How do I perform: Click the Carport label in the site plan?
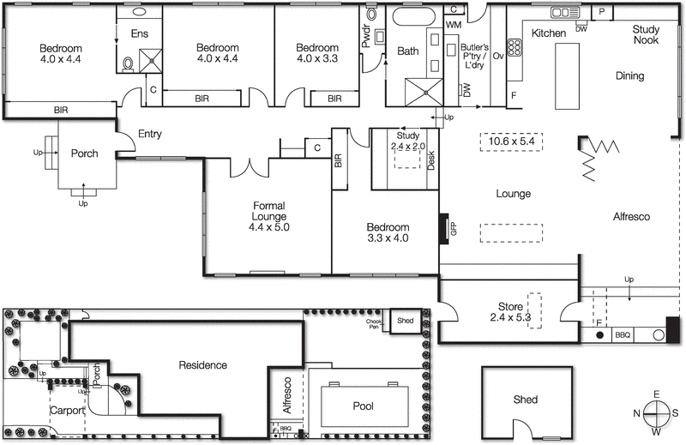[67, 411]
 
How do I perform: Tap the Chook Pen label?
[374, 323]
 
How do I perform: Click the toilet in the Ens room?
[128, 63]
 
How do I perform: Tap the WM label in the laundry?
[453, 26]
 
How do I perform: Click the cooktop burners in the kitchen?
[516, 46]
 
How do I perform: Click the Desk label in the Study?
[431, 160]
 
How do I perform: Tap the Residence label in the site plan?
[202, 364]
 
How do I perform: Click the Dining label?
[629, 75]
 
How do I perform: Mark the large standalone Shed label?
[526, 399]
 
